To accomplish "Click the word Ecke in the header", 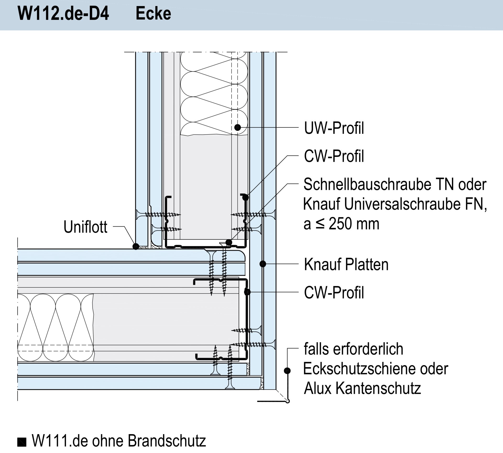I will coord(153,14).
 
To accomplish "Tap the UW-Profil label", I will coord(334,128).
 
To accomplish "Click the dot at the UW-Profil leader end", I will coord(237,128).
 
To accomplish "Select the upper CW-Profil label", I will coord(334,156).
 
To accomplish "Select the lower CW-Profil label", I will coord(334,293).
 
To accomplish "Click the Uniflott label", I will coord(85,227).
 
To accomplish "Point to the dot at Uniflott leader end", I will coord(136,246).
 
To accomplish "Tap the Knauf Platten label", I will coord(346,264).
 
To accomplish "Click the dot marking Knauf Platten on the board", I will coord(263,264).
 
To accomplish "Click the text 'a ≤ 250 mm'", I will coord(341,224).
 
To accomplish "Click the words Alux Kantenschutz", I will coord(362,388).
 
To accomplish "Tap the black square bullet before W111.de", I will coord(22,442).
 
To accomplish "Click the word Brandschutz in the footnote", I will coord(167,441).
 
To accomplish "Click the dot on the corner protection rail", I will coord(287,370).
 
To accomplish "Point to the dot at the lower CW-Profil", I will coord(247,292).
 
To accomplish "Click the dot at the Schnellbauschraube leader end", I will coord(229,242).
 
